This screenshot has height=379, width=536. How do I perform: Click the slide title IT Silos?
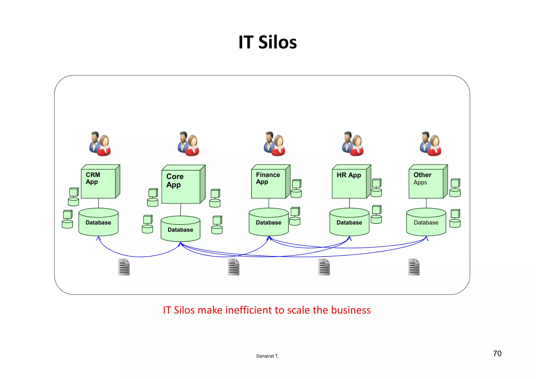267,42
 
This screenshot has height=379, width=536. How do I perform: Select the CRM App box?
98,183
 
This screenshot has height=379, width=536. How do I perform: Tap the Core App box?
181,186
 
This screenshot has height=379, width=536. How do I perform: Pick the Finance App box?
269,183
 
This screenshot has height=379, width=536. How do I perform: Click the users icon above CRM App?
100,144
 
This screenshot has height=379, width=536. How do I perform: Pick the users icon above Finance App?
274,144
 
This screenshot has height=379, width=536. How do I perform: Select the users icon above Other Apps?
431,144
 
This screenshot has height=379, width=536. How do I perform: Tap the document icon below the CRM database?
124,267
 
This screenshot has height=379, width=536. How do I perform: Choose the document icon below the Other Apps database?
414,267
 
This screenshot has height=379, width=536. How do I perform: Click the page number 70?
497,354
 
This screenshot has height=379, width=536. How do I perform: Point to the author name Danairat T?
267,356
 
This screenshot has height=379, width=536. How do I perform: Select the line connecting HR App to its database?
349,203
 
